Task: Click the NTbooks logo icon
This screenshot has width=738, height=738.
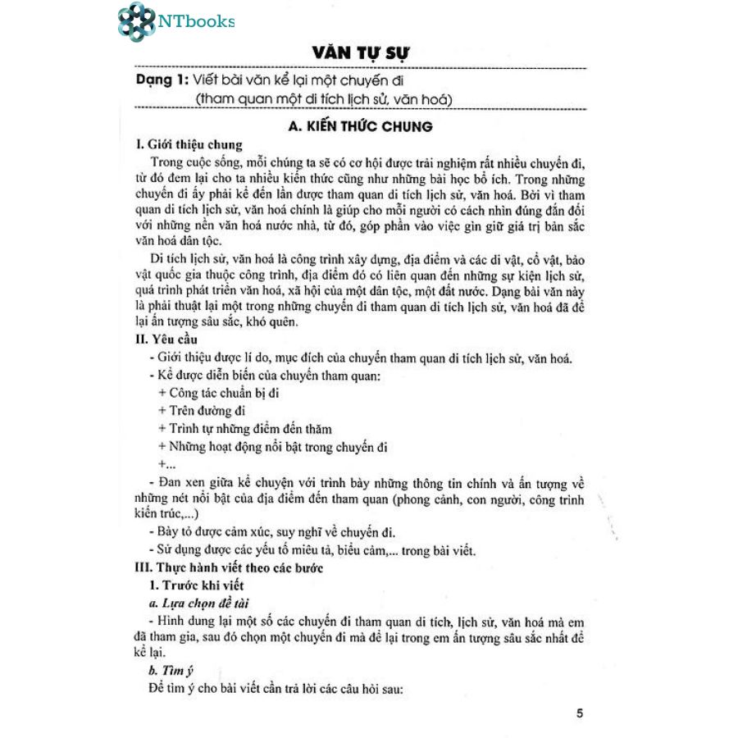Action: pyautogui.click(x=135, y=22)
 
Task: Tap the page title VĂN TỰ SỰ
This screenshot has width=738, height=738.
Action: pyautogui.click(x=362, y=54)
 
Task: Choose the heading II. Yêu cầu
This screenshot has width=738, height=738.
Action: pyautogui.click(x=166, y=339)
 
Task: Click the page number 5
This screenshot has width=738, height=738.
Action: pyautogui.click(x=580, y=713)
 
